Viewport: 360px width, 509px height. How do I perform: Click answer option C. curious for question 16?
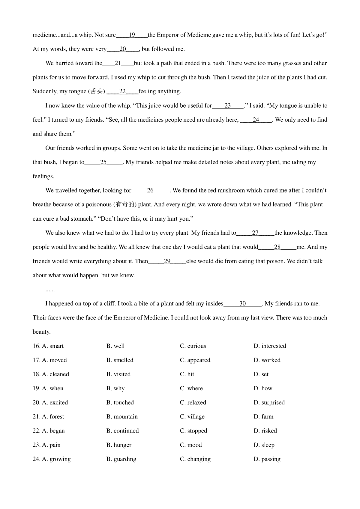(193, 346)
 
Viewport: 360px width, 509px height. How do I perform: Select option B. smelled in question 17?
(120, 360)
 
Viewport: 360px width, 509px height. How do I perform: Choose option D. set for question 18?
(261, 374)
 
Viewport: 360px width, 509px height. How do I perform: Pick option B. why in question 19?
(115, 388)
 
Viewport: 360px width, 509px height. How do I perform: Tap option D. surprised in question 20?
(269, 403)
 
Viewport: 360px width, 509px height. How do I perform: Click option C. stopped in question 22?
(193, 431)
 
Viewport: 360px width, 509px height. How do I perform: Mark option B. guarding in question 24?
(121, 459)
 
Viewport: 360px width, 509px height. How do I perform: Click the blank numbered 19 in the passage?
(132, 35)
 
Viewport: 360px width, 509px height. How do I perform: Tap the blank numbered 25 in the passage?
(103, 162)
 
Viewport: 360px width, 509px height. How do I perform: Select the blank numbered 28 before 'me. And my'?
(277, 247)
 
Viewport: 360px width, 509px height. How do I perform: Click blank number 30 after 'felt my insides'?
(242, 304)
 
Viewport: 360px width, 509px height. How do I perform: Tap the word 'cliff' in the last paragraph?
(109, 304)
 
